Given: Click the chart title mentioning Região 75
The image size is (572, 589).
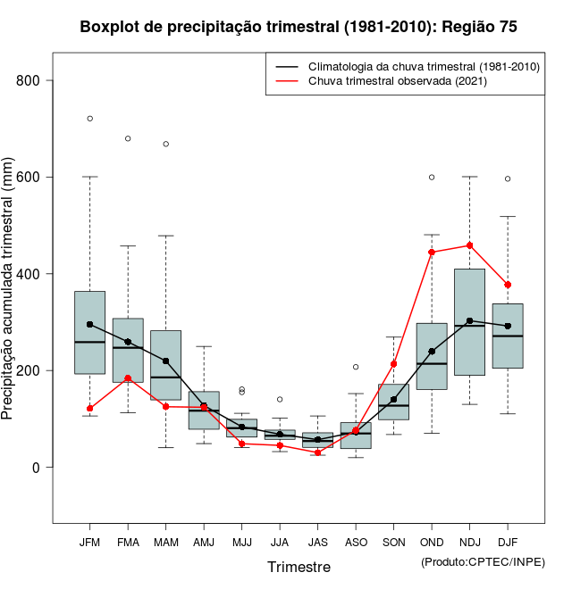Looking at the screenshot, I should tap(298, 27).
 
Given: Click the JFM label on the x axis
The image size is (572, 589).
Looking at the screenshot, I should tap(89, 542).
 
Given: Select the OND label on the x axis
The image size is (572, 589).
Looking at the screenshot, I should tap(432, 542).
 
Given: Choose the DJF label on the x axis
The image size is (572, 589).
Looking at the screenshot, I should tap(508, 542).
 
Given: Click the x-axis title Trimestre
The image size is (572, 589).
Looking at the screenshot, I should tap(299, 567).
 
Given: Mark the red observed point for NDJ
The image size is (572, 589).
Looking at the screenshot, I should tap(470, 245).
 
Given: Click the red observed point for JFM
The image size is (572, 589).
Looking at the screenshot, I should tap(89, 409).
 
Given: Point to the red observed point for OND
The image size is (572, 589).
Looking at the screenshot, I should tap(432, 253).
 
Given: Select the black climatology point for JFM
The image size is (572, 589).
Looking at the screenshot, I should tap(89, 324).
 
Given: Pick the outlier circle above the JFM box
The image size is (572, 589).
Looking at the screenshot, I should tap(89, 119).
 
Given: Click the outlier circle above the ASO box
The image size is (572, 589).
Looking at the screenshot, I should tap(356, 367).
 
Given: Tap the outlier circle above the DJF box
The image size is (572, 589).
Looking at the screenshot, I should tap(508, 178).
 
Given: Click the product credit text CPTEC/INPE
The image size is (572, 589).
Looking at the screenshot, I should tap(483, 561).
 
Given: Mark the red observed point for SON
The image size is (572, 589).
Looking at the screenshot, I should tap(393, 364).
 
